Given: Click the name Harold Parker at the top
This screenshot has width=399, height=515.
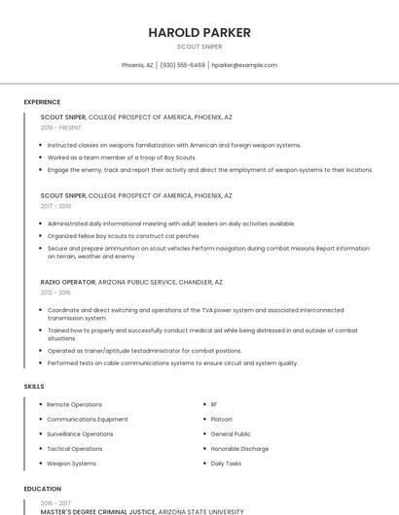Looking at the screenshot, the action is coord(199,32).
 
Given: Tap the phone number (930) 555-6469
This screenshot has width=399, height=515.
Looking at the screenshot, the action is coord(183,65).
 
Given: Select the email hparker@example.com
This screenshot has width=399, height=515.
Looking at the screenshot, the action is coord(244,65).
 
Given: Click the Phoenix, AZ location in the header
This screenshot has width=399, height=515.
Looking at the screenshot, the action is coord(137,65).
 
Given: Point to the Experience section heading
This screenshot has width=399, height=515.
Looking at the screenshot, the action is coord(42,102).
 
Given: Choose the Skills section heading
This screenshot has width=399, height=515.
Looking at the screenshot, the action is coord(34,387).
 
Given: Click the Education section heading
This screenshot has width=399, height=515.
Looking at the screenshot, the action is coord(43,489).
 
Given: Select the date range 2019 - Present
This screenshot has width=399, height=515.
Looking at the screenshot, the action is coord(61,127).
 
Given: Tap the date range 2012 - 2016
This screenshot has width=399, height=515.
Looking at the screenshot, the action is coord(55,292).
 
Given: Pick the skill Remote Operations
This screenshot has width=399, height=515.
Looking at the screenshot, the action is coord(74,404).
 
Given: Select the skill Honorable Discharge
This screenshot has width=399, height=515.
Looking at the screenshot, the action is coord(239,449).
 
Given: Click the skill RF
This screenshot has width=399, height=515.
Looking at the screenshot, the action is coord(214,404).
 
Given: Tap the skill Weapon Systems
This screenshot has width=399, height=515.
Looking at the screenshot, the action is coord(71,463).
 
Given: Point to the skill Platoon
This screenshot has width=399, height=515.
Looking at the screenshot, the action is coord(221,419).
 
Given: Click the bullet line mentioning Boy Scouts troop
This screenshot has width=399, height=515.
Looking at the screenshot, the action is coord(122,157).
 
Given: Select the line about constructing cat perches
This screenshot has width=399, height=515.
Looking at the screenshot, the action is coord(123,235).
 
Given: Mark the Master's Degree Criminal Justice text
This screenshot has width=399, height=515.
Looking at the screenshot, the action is coord(94,511).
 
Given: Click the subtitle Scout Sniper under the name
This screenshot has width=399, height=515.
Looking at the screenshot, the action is coord(199,47).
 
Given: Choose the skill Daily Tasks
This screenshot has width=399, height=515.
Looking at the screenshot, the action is coord(226,463).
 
